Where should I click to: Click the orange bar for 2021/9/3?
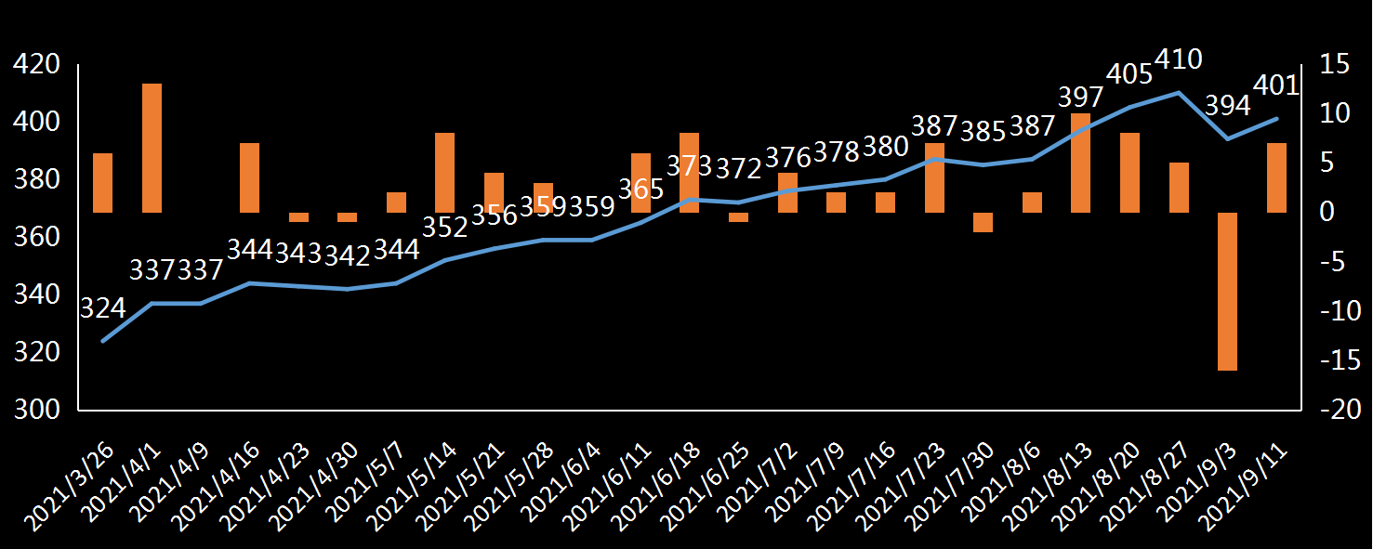[1227, 291]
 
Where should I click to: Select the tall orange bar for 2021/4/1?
[152, 148]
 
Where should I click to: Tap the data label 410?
[1178, 60]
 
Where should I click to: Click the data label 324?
[102, 308]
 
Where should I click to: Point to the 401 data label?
[1275, 85]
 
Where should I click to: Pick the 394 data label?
[1227, 106]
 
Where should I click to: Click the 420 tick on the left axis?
[35, 65]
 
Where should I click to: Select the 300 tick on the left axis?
[35, 410]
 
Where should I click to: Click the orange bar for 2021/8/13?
[1080, 163]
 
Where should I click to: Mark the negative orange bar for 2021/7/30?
[983, 222]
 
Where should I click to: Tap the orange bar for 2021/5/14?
[445, 173]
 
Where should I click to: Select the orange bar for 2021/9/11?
[1276, 177]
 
